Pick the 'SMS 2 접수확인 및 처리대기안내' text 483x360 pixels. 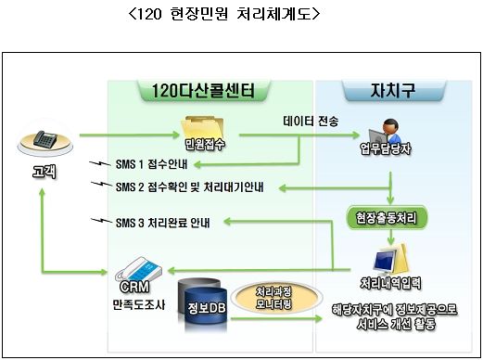[x=189, y=186]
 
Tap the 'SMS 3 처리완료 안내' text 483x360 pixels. [x=163, y=222]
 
